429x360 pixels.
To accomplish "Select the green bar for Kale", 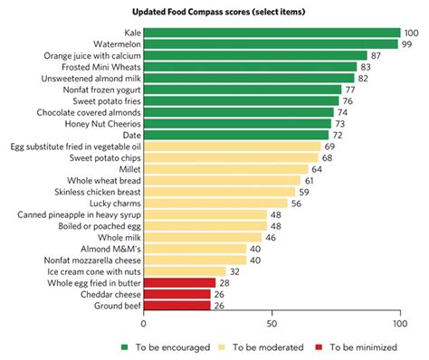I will (x=272, y=33).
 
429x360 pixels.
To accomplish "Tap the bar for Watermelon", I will (x=271, y=44).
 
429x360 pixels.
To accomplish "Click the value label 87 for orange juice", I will (x=377, y=56).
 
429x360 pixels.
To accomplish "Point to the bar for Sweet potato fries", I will (x=241, y=101).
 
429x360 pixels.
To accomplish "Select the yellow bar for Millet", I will (x=225, y=169).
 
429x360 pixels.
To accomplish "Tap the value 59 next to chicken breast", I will (x=305, y=192).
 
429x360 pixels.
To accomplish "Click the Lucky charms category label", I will (x=112, y=204).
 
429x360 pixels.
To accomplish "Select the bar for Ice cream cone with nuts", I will (x=185, y=271).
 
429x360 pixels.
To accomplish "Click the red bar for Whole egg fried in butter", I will (x=179, y=283).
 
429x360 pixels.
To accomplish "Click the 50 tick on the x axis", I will (x=272, y=323).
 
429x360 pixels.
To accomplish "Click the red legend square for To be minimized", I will (x=318, y=346).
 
